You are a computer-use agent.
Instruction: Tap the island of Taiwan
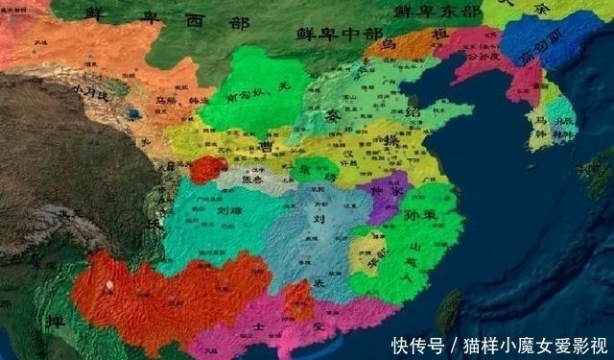[x=449, y=309]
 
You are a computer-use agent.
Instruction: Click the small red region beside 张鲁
[x=206, y=171]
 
